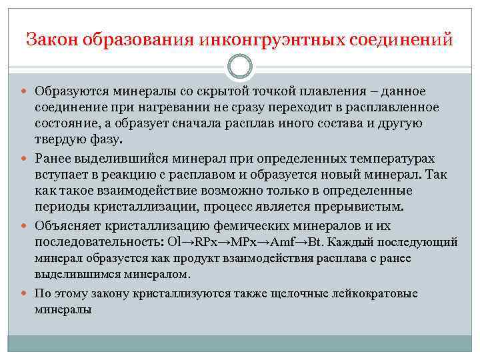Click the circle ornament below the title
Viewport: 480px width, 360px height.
point(240,67)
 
